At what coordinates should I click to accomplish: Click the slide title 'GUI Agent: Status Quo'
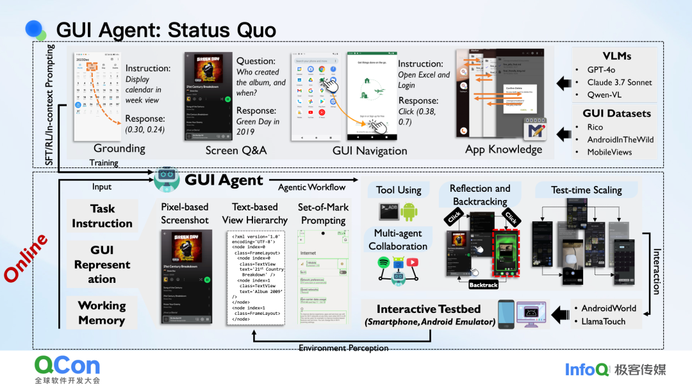click(166, 30)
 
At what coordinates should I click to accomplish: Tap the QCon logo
click(67, 366)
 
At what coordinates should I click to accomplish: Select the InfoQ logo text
click(586, 369)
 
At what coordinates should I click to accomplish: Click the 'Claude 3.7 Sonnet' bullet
click(620, 82)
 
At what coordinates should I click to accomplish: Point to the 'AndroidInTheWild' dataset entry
click(620, 139)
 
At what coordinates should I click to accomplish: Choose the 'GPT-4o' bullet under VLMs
click(605, 69)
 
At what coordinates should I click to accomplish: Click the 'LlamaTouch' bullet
click(604, 321)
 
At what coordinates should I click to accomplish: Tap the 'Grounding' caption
click(119, 148)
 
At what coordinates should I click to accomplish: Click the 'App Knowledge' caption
click(504, 149)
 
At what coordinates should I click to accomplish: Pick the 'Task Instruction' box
click(102, 216)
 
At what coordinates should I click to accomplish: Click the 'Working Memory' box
click(102, 312)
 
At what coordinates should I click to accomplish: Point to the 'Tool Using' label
click(399, 190)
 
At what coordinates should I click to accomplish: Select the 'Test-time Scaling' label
click(586, 190)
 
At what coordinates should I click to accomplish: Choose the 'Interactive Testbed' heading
click(430, 310)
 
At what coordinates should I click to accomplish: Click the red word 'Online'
click(26, 258)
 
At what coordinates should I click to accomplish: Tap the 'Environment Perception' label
click(343, 348)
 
